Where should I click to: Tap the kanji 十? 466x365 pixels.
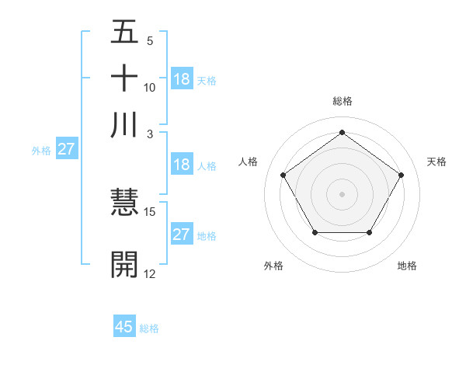[x=125, y=79]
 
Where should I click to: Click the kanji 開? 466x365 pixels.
[x=125, y=264]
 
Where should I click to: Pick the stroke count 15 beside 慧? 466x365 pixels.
[x=150, y=211]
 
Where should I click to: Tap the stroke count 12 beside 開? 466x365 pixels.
[x=150, y=273]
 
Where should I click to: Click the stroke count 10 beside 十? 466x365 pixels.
[x=150, y=87]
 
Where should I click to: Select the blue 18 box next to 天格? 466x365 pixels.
[x=182, y=79]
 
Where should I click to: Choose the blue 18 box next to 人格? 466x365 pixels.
[x=182, y=165]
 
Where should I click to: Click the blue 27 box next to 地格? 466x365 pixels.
[x=182, y=235]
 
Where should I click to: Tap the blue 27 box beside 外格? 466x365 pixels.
[x=66, y=149]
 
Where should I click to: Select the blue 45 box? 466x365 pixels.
[x=124, y=327]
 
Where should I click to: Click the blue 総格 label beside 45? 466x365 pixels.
[x=149, y=328]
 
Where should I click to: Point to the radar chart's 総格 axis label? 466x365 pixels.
[x=343, y=101]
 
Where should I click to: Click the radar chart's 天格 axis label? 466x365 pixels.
[x=437, y=162]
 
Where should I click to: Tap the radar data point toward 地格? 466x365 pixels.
[x=369, y=232]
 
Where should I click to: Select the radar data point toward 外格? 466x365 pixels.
[x=315, y=232]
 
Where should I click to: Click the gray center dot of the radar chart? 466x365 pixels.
[x=342, y=193]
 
